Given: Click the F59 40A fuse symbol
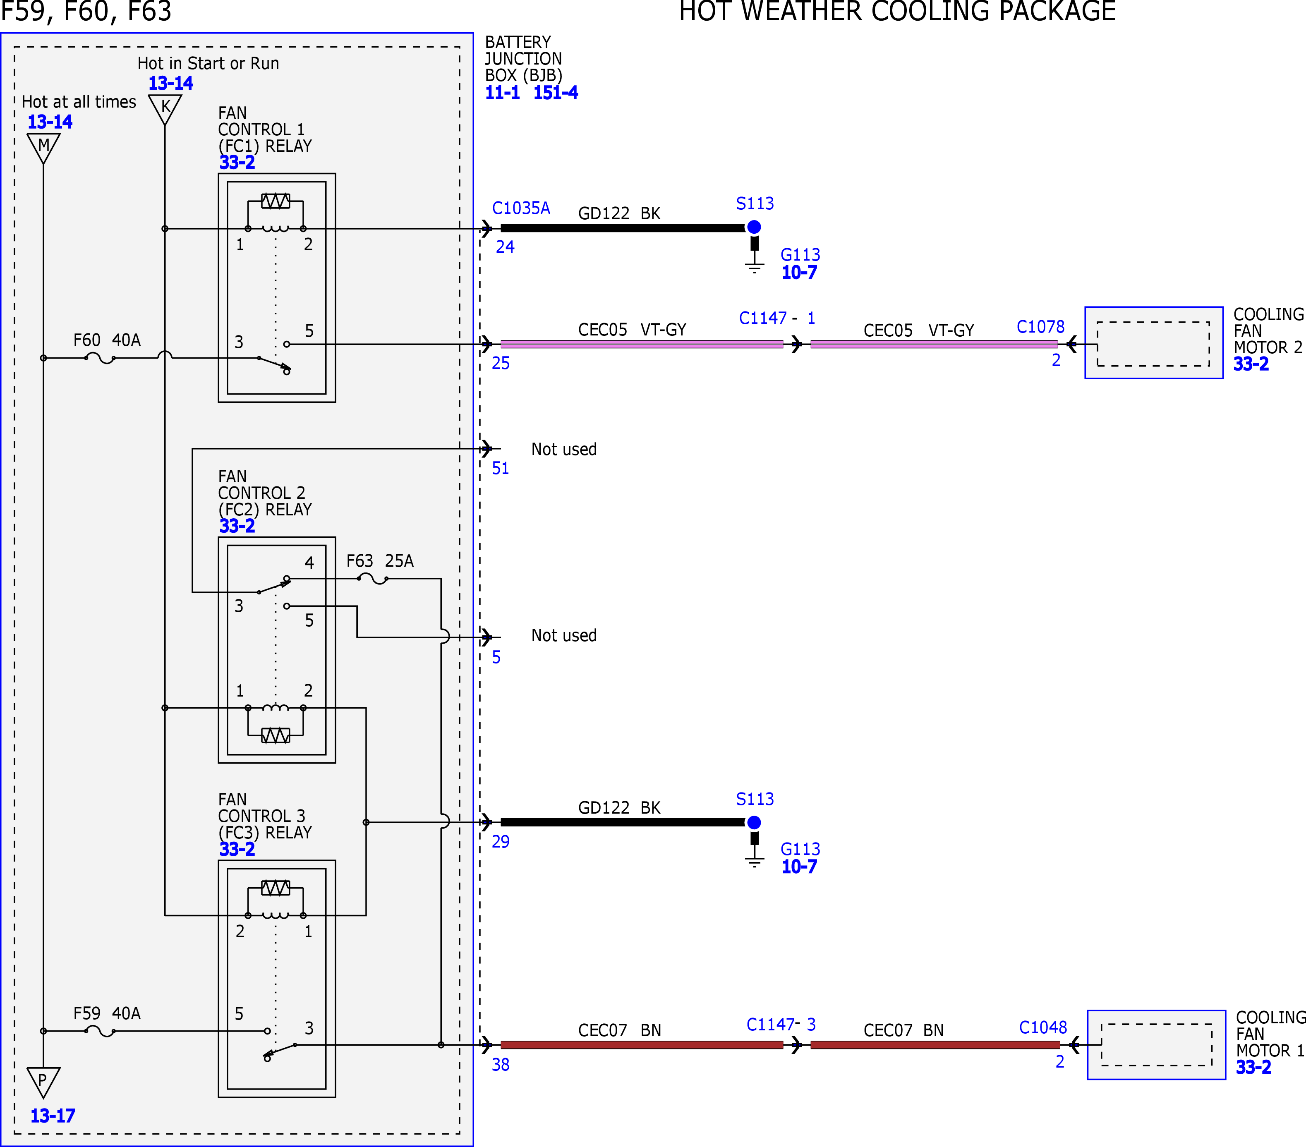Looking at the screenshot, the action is point(100,1031).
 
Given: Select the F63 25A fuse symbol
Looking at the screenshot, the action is point(372,579).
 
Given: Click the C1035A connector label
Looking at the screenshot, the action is point(521,208).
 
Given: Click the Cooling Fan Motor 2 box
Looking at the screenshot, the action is point(1154,343).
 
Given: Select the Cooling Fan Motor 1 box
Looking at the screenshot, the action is point(1157,1045).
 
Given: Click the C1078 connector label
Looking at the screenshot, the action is point(1040,327).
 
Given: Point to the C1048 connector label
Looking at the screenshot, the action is point(1043,1027).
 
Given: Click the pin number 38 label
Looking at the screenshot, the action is point(500,1065).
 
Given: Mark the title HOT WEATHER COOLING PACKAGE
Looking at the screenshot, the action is point(897,12).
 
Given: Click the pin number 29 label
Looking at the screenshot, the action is point(500,842).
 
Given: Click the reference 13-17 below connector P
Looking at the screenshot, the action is point(53,1116).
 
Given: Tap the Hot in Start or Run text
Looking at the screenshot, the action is point(208,63).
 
